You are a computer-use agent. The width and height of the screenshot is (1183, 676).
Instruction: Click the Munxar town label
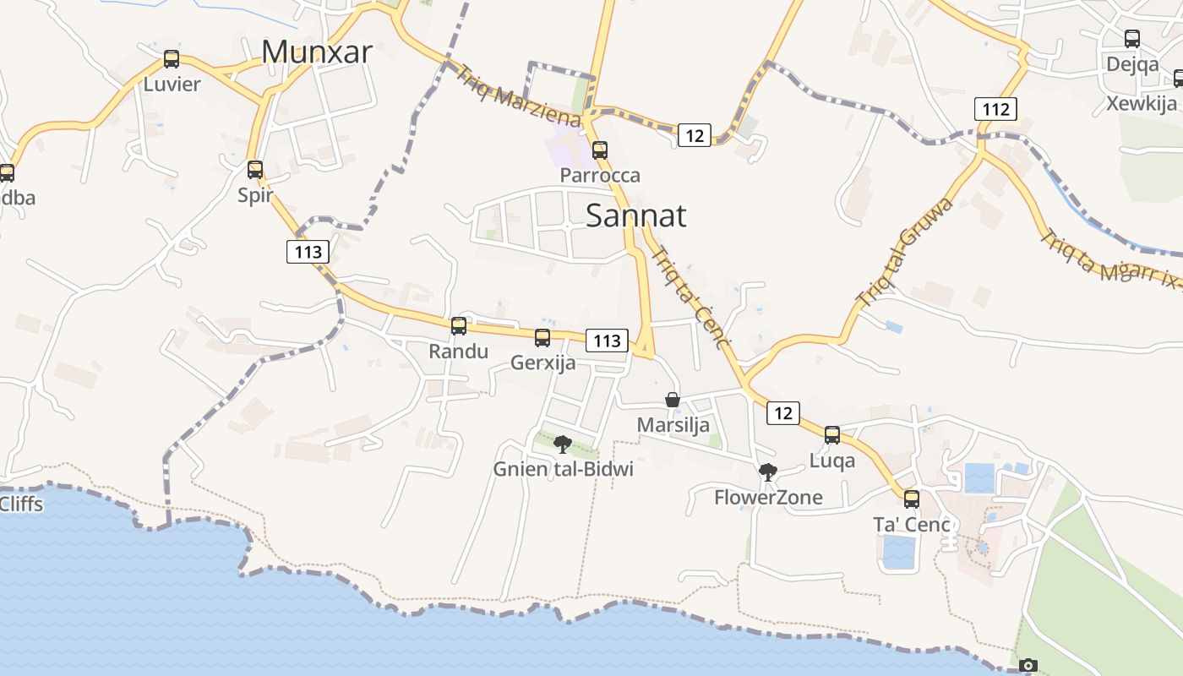pos(317,52)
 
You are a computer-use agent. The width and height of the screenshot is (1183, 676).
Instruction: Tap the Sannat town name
pos(635,215)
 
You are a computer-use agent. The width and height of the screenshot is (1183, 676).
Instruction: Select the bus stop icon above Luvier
pos(172,59)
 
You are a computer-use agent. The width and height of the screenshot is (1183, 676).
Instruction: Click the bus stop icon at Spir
pos(255,170)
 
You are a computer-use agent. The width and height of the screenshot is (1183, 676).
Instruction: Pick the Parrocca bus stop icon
pos(600,150)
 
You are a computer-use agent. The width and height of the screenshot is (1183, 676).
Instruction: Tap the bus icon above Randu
pos(459,326)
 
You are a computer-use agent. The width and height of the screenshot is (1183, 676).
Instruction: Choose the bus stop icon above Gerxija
pos(542,338)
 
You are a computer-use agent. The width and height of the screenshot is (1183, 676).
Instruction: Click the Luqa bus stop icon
pos(832,435)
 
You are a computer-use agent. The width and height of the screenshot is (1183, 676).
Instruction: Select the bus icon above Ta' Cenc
pos(911,499)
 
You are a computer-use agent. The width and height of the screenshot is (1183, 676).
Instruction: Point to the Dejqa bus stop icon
pos(1132,39)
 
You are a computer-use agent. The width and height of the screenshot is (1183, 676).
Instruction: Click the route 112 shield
pos(995,109)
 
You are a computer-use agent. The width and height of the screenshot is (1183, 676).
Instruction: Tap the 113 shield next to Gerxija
pos(608,341)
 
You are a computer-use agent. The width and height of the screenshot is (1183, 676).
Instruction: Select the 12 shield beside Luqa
pos(783,413)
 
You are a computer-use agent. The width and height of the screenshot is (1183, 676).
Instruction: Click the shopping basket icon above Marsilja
pos(673,400)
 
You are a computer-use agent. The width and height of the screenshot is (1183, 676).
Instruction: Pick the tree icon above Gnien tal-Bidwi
pos(563,444)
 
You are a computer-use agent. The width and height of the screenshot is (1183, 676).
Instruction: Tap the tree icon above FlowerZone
pos(768,472)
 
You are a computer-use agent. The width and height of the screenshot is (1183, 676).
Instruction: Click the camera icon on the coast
pos(1028,666)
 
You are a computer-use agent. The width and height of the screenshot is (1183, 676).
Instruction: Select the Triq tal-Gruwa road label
pos(904,251)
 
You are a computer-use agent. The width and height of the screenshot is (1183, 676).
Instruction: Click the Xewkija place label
pos(1142,104)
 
